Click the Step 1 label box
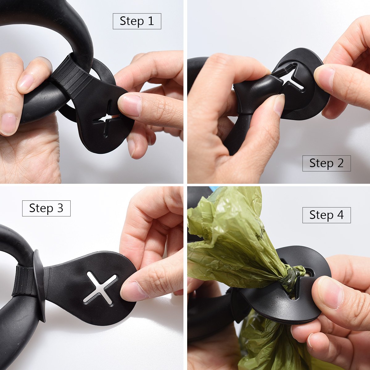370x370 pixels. (x=137, y=21)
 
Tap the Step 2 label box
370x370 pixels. (x=326, y=163)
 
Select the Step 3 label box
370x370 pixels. (x=46, y=208)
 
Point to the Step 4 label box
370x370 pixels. (x=326, y=215)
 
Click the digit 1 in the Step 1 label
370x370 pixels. (x=151, y=21)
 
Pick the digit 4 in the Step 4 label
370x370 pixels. (x=340, y=215)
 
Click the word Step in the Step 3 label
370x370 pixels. (x=41, y=208)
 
